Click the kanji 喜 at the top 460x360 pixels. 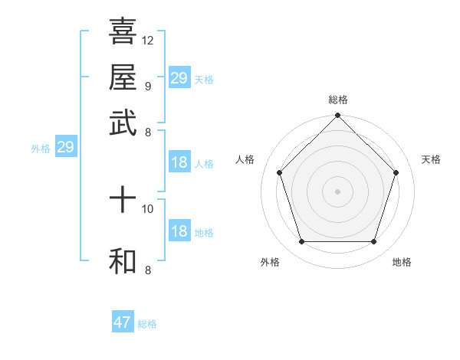point(123,31)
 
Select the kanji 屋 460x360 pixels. point(123,77)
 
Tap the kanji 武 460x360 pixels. point(123,122)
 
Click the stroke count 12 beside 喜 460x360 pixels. point(148,40)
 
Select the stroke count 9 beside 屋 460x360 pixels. point(147,86)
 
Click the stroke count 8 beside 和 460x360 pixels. point(147,270)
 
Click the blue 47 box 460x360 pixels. point(123,322)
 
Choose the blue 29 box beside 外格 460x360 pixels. point(65,147)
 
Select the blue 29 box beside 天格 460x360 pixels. point(179,78)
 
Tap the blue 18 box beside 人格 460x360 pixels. point(179,162)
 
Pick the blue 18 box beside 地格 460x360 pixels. point(179,231)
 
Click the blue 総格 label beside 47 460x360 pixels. point(147,324)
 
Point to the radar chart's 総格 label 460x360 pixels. point(337,100)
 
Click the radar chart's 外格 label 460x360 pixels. point(270,262)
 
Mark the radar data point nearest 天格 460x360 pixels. point(396,172)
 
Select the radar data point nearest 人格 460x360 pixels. point(279,172)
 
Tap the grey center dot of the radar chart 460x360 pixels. point(337,191)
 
